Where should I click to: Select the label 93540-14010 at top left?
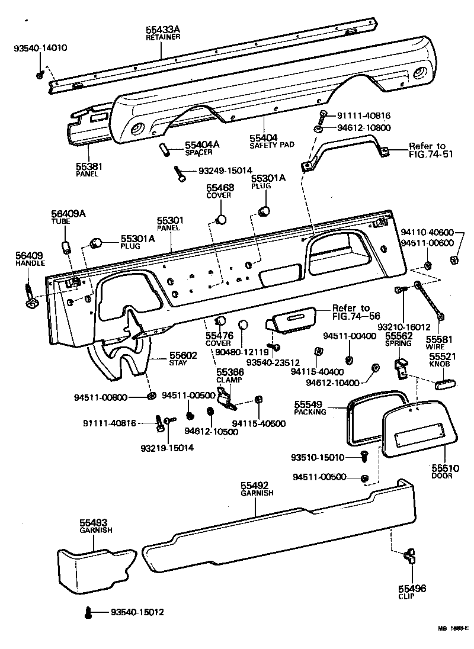click(40, 48)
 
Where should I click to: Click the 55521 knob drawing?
click(441, 385)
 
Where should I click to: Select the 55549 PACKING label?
click(310, 407)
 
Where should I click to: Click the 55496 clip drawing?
click(409, 556)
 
